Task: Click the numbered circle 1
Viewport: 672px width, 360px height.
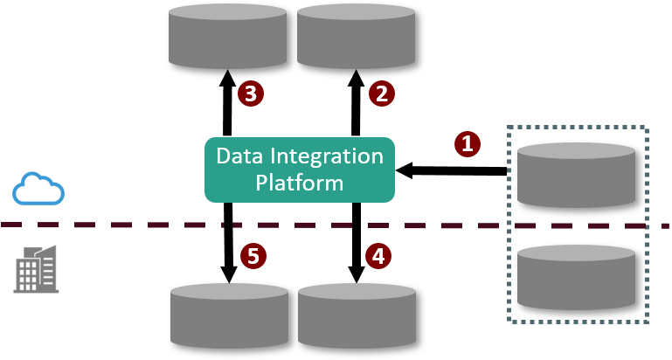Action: click(x=468, y=144)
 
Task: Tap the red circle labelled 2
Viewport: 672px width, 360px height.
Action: click(x=380, y=93)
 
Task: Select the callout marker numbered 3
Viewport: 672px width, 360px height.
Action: click(x=251, y=93)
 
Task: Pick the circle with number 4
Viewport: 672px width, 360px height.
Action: click(x=378, y=256)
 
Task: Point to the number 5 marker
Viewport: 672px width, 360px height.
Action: click(x=253, y=256)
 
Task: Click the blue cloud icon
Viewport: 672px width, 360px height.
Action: click(x=38, y=189)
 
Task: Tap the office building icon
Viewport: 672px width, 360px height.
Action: click(x=37, y=268)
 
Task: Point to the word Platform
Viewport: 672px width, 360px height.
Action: click(x=299, y=183)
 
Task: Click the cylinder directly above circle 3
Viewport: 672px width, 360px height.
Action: click(x=227, y=37)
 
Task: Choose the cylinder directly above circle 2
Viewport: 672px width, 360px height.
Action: click(x=356, y=37)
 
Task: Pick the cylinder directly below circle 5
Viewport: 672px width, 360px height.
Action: click(x=229, y=316)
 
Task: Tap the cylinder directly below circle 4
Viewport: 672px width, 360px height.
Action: click(x=357, y=316)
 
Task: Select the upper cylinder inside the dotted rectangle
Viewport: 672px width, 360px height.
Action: click(x=576, y=175)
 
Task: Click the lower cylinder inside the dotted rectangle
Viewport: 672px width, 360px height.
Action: click(x=576, y=277)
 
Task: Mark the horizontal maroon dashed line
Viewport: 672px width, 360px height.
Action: click(x=131, y=225)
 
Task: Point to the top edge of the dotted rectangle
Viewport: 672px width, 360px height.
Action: click(x=578, y=128)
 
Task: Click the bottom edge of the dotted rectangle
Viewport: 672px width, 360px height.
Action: click(x=578, y=322)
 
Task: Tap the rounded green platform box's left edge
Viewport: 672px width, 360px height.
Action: click(x=206, y=170)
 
